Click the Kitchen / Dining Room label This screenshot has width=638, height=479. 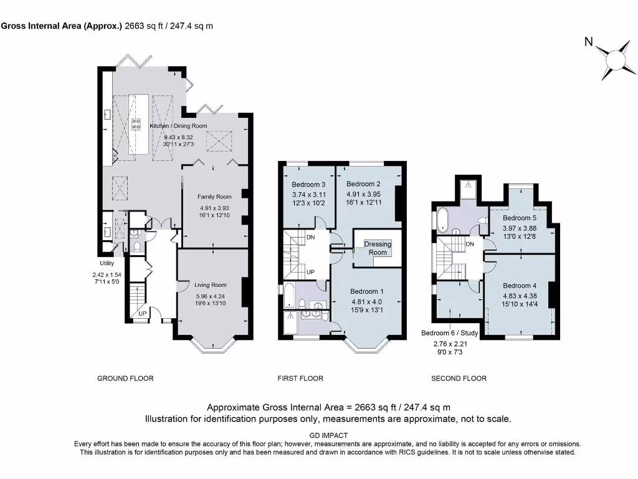coord(178,126)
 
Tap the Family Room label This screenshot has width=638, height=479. coord(214,196)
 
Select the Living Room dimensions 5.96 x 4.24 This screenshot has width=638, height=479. coord(211,296)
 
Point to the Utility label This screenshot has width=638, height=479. coord(107,263)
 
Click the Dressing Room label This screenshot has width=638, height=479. coord(378,248)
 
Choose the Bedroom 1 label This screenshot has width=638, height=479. coord(366,291)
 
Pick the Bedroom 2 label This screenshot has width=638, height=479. coord(363,184)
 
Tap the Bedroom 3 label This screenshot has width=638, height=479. coord(308,185)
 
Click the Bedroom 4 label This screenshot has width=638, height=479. coord(520,286)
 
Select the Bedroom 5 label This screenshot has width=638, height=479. coord(520,218)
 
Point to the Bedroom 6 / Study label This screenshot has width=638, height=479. coord(450,333)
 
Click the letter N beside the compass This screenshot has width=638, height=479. coord(588,42)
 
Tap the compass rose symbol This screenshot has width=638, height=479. coord(615,60)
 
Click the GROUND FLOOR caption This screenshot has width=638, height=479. coord(125,379)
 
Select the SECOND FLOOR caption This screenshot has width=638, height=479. coord(459,379)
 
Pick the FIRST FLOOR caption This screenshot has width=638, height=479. coord(300,379)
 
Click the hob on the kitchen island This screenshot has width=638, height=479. coord(136,124)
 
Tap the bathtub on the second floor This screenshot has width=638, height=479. coord(442,219)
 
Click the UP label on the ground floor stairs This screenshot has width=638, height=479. coord(143,314)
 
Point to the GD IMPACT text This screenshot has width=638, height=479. coord(328,435)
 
